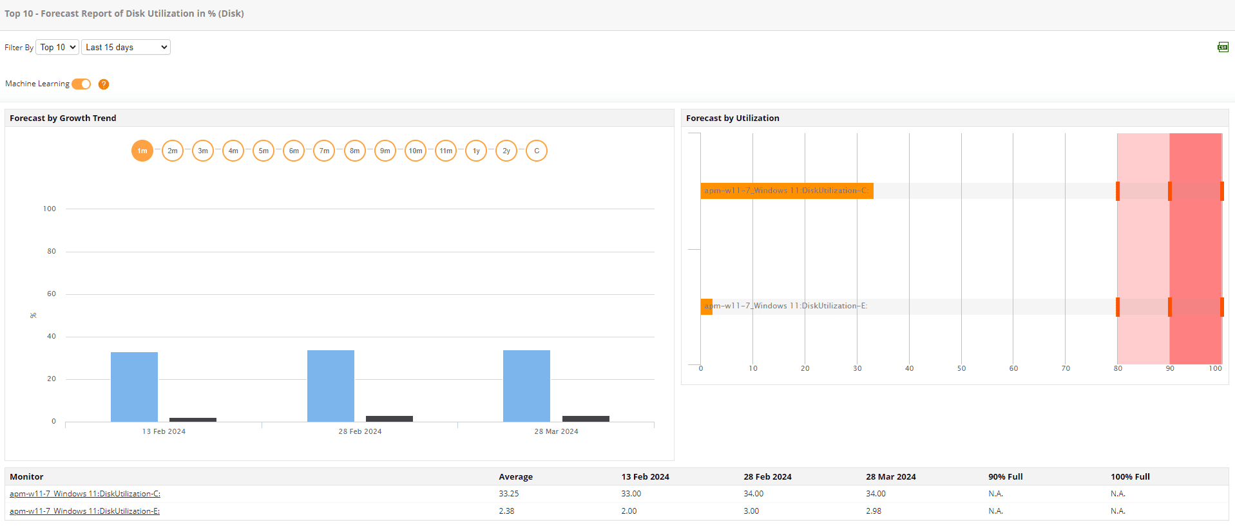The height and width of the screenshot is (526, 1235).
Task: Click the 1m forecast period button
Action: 142,151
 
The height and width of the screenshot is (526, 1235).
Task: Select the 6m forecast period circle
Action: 294,151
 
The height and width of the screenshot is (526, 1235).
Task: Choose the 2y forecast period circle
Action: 506,151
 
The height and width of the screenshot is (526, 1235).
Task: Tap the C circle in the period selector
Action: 537,151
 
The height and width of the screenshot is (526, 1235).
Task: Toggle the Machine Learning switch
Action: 81,84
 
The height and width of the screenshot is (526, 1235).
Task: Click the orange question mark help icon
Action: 104,84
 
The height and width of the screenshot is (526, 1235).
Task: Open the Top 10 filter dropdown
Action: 57,47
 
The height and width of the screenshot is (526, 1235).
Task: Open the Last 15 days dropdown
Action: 126,47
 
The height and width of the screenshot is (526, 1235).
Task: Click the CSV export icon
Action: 1223,47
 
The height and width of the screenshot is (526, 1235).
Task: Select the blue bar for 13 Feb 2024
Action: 134,387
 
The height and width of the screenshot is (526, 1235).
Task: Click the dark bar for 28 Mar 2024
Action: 586,418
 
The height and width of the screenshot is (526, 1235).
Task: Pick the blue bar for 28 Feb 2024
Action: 330,386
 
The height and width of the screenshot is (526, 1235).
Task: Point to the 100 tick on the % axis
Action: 50,209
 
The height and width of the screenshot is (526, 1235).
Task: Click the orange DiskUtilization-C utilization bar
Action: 787,191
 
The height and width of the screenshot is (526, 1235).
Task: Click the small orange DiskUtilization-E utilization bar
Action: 706,306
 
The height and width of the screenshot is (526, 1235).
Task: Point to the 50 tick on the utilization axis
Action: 961,368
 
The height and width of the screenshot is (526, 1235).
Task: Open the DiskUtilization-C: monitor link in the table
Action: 85,494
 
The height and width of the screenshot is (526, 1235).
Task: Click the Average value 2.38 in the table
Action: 506,511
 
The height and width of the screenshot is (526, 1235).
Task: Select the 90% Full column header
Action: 1005,477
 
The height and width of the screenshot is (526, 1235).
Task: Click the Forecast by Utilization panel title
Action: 732,118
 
